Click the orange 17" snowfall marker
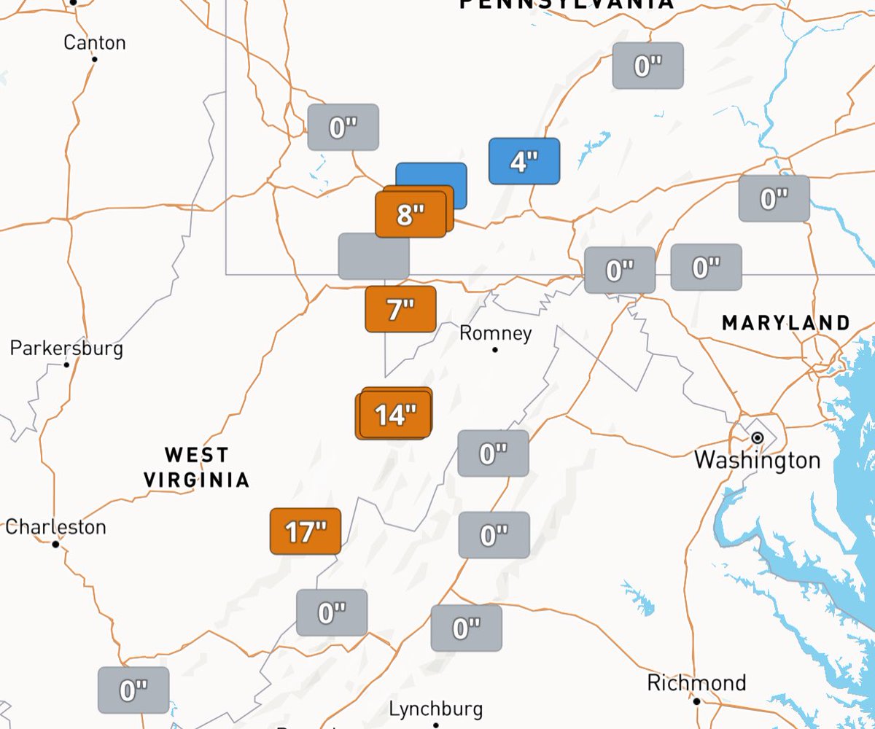(306, 531)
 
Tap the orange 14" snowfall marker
(394, 415)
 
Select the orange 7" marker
(400, 309)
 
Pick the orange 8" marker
(411, 214)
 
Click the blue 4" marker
(524, 161)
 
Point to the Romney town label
(496, 334)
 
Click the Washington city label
(757, 460)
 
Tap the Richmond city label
(696, 683)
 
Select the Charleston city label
(55, 526)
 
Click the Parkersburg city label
(66, 348)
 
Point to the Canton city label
(94, 43)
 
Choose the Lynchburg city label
(435, 709)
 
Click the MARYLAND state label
(786, 323)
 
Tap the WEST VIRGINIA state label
(196, 467)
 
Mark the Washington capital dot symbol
(758, 438)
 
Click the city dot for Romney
(495, 350)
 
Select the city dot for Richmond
(696, 701)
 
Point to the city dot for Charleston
(55, 544)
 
